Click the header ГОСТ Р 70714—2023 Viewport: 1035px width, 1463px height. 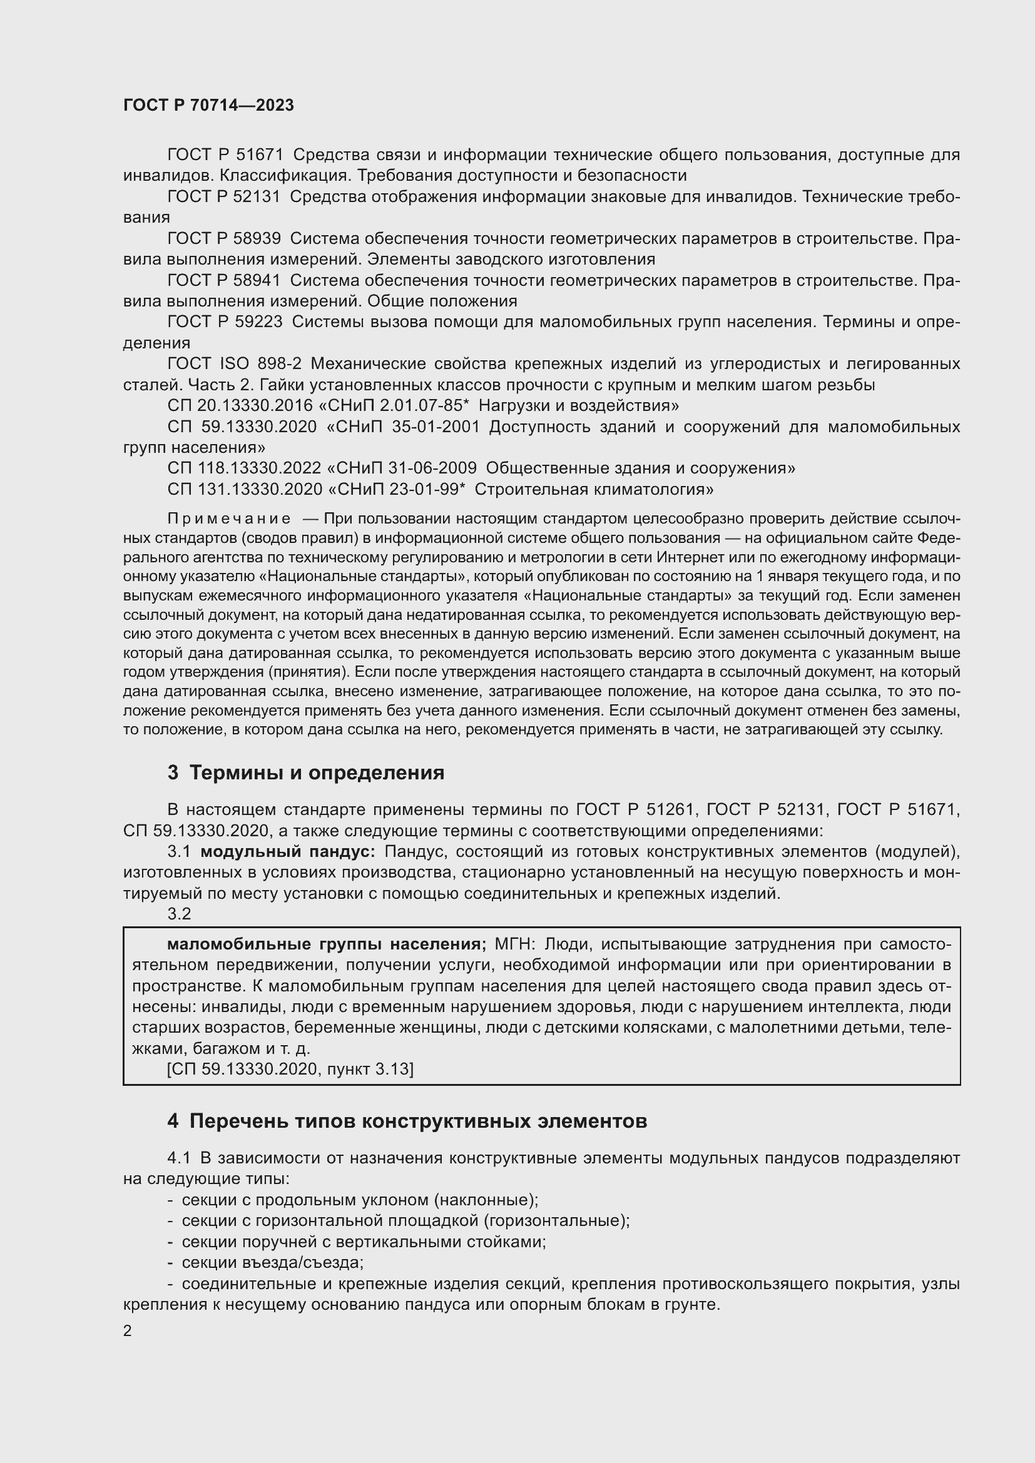208,106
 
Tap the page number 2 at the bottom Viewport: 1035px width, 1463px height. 128,1331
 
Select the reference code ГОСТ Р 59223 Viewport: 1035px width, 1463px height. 225,321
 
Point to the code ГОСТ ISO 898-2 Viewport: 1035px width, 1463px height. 234,364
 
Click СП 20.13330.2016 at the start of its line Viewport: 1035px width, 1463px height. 240,406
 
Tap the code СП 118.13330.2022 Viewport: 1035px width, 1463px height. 244,468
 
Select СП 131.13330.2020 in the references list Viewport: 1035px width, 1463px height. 244,489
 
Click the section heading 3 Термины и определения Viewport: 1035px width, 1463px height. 305,773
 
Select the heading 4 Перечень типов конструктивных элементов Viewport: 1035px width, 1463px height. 407,1121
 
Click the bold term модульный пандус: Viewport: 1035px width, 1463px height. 288,852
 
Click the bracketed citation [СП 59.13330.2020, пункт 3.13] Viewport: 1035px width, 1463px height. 290,1069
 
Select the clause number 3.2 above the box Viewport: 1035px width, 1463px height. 179,914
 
